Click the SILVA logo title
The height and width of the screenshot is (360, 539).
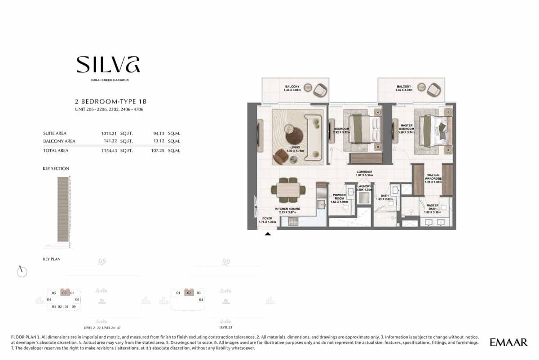click(x=108, y=64)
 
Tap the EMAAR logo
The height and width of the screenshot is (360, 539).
click(x=508, y=342)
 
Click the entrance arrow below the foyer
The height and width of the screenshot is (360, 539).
click(x=268, y=234)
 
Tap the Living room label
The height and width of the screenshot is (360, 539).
click(x=295, y=149)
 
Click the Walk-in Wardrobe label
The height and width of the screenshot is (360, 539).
click(x=433, y=179)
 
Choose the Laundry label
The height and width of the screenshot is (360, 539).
click(x=363, y=188)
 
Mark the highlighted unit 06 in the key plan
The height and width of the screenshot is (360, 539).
click(x=65, y=293)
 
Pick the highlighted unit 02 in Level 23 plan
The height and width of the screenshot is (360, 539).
click(x=189, y=293)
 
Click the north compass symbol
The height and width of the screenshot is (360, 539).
click(x=22, y=271)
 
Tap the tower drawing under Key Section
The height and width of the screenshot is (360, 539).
click(x=64, y=209)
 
